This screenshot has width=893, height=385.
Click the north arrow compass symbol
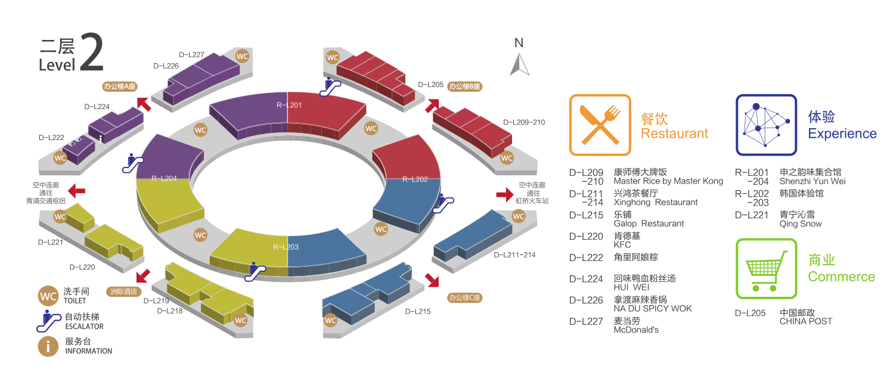click(x=519, y=64)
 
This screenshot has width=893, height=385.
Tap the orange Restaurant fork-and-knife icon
click(x=600, y=125)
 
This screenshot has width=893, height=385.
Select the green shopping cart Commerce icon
click(x=766, y=269)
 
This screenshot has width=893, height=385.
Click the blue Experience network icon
click(x=766, y=125)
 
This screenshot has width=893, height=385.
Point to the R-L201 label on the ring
click(x=289, y=105)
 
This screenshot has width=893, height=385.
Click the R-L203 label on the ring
click(x=286, y=247)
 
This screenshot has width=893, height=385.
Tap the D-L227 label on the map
click(x=191, y=55)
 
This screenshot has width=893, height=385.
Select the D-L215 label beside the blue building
click(x=418, y=311)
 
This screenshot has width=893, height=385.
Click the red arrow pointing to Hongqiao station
click(x=504, y=194)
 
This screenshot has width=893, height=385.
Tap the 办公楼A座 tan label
click(x=120, y=86)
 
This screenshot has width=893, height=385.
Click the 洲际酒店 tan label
click(x=125, y=291)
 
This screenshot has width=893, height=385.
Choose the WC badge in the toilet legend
click(x=48, y=296)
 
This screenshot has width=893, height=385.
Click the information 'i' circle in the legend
click(x=48, y=346)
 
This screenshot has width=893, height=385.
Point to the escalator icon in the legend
click(x=48, y=321)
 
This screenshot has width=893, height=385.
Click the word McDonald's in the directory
click(x=636, y=330)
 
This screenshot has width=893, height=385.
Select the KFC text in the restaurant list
click(x=622, y=244)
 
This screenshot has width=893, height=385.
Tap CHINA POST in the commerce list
click(x=805, y=321)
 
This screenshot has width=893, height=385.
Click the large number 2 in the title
click(x=91, y=53)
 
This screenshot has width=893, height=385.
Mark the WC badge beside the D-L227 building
click(x=242, y=56)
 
